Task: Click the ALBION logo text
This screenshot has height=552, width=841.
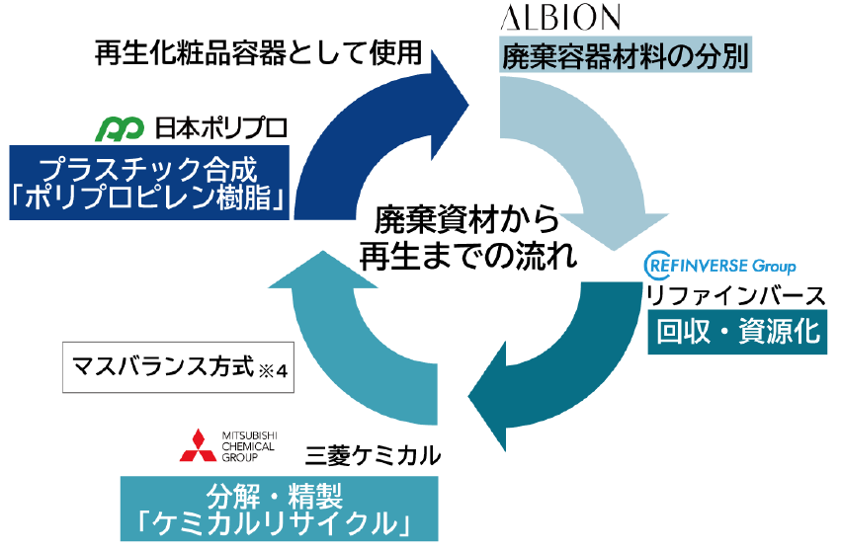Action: (x=560, y=18)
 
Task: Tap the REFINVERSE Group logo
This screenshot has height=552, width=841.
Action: (x=719, y=267)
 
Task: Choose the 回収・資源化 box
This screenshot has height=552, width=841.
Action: (x=738, y=332)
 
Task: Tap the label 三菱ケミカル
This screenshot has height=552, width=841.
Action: (x=373, y=455)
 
